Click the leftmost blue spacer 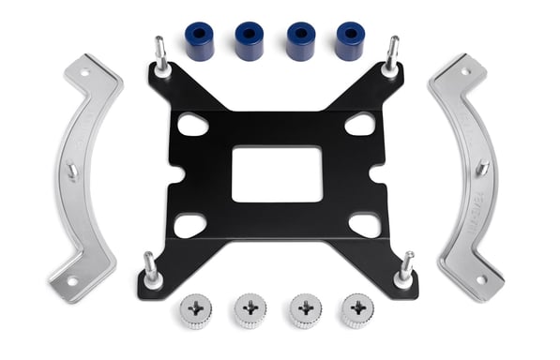coord(200,41)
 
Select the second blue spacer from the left coord(250,40)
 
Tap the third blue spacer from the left coord(299,40)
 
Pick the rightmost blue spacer coord(349,40)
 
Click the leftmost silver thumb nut coord(196,310)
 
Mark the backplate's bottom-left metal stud coord(149,269)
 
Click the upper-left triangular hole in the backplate coord(193,123)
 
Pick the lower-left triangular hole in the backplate coord(190,224)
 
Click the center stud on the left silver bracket coord(72,172)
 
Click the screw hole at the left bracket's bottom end coord(69,279)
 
